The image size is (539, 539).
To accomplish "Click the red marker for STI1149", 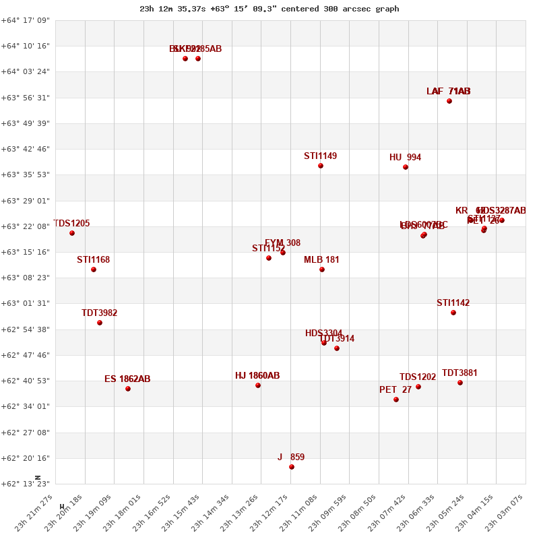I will [321, 166].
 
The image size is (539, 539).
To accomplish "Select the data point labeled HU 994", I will [406, 167].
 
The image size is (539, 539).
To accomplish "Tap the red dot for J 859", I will [292, 467].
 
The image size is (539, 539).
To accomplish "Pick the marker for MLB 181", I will [322, 269].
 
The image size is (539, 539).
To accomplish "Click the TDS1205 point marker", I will [72, 233].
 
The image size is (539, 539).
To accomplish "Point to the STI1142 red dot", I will [453, 313].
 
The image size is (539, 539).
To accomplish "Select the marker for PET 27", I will [396, 400].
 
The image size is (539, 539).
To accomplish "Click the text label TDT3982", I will [100, 313].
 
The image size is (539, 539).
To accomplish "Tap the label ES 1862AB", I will [127, 379].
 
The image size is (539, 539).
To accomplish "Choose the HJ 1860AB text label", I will [257, 376].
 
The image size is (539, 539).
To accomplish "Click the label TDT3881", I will [459, 373].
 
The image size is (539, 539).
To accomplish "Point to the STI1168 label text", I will [93, 260].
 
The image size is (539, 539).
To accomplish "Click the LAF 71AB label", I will [449, 92].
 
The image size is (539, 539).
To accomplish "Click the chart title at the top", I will [269, 9].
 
